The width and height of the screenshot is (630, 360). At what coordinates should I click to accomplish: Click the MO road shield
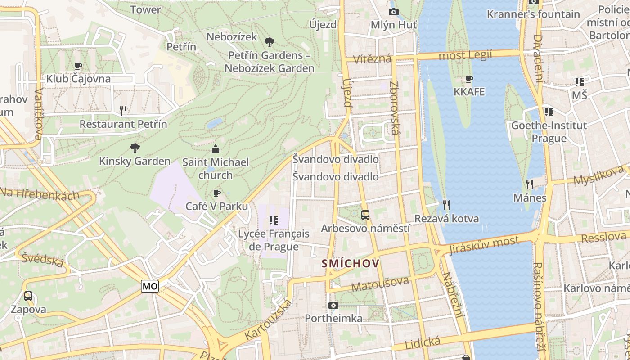[150, 286]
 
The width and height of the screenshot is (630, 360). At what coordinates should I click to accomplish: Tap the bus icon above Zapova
[28, 296]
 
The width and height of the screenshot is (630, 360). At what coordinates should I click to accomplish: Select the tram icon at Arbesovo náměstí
[365, 215]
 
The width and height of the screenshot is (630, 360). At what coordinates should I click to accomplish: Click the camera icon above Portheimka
[333, 306]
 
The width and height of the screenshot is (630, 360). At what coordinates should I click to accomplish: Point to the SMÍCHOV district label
[351, 263]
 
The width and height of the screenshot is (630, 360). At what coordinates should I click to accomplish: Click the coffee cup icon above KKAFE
[469, 79]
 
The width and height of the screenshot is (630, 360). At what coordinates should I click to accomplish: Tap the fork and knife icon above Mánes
[530, 184]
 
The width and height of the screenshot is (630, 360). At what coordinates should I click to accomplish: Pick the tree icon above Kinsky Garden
[135, 148]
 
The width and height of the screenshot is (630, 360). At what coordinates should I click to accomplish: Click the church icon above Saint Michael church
[216, 149]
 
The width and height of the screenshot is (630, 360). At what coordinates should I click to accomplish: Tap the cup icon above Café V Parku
[216, 193]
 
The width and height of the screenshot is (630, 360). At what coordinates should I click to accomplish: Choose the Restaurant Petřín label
[123, 124]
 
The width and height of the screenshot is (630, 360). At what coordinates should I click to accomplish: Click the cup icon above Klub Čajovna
[78, 66]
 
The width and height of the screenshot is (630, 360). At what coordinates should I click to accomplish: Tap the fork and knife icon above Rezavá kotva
[446, 205]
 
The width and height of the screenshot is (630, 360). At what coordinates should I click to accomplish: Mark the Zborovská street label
[395, 108]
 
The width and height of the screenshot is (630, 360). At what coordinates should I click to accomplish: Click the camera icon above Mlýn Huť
[393, 12]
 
